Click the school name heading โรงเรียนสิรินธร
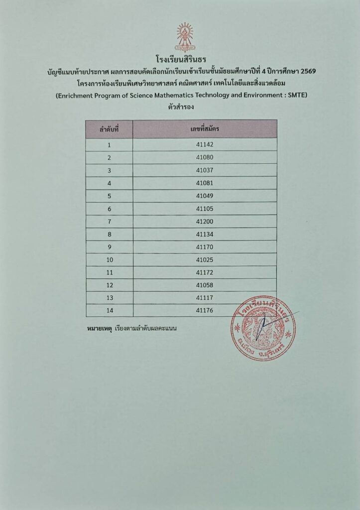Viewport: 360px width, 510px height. coord(180,61)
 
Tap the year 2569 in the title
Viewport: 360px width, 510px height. coord(306,72)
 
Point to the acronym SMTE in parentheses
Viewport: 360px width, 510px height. coord(293,94)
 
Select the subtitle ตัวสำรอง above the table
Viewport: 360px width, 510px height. coord(180,106)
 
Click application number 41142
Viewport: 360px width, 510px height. coord(205,145)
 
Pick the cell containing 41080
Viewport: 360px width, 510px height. coord(205,157)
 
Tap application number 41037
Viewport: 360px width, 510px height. coord(205,170)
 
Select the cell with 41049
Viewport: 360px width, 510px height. coord(205,196)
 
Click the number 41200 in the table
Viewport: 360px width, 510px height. coord(205,222)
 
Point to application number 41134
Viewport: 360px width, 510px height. coord(205,234)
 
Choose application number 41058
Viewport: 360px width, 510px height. coord(205,285)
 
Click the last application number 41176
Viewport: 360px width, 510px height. coord(205,311)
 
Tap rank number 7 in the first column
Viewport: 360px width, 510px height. coord(109,222)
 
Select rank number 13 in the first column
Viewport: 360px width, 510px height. coord(110,298)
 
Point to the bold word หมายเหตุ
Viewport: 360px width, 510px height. coord(99,329)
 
